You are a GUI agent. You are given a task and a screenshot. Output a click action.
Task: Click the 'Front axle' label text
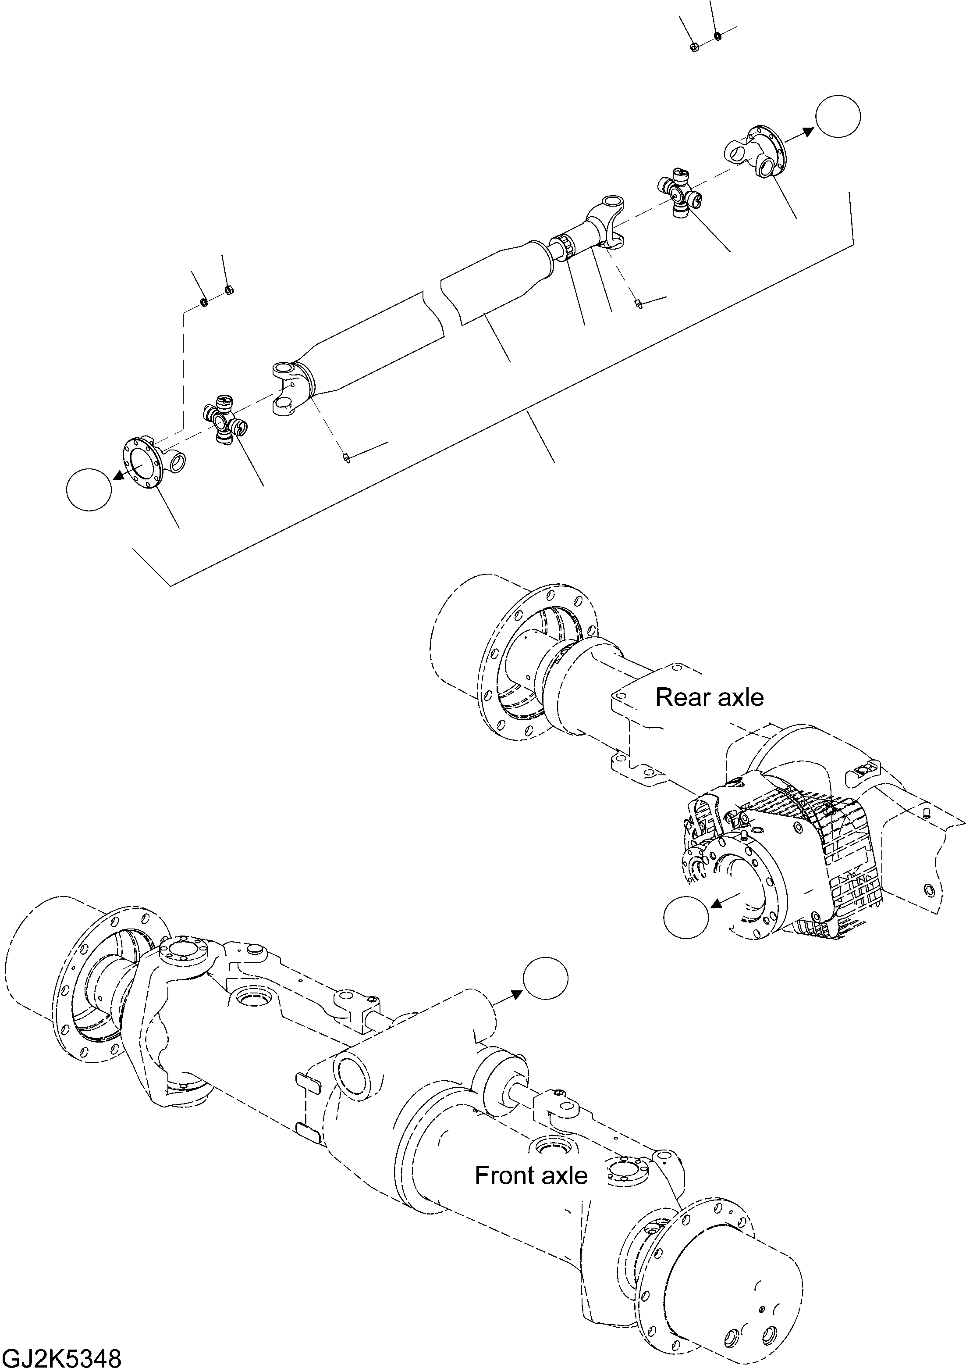pos(531,1175)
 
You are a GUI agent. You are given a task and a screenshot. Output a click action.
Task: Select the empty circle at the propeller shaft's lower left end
pos(89,489)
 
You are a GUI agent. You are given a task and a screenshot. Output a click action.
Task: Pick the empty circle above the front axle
pos(545,979)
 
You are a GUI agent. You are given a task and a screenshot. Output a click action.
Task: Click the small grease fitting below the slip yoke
pos(639,304)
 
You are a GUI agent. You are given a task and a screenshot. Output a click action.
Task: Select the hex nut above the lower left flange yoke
pos(228,290)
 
